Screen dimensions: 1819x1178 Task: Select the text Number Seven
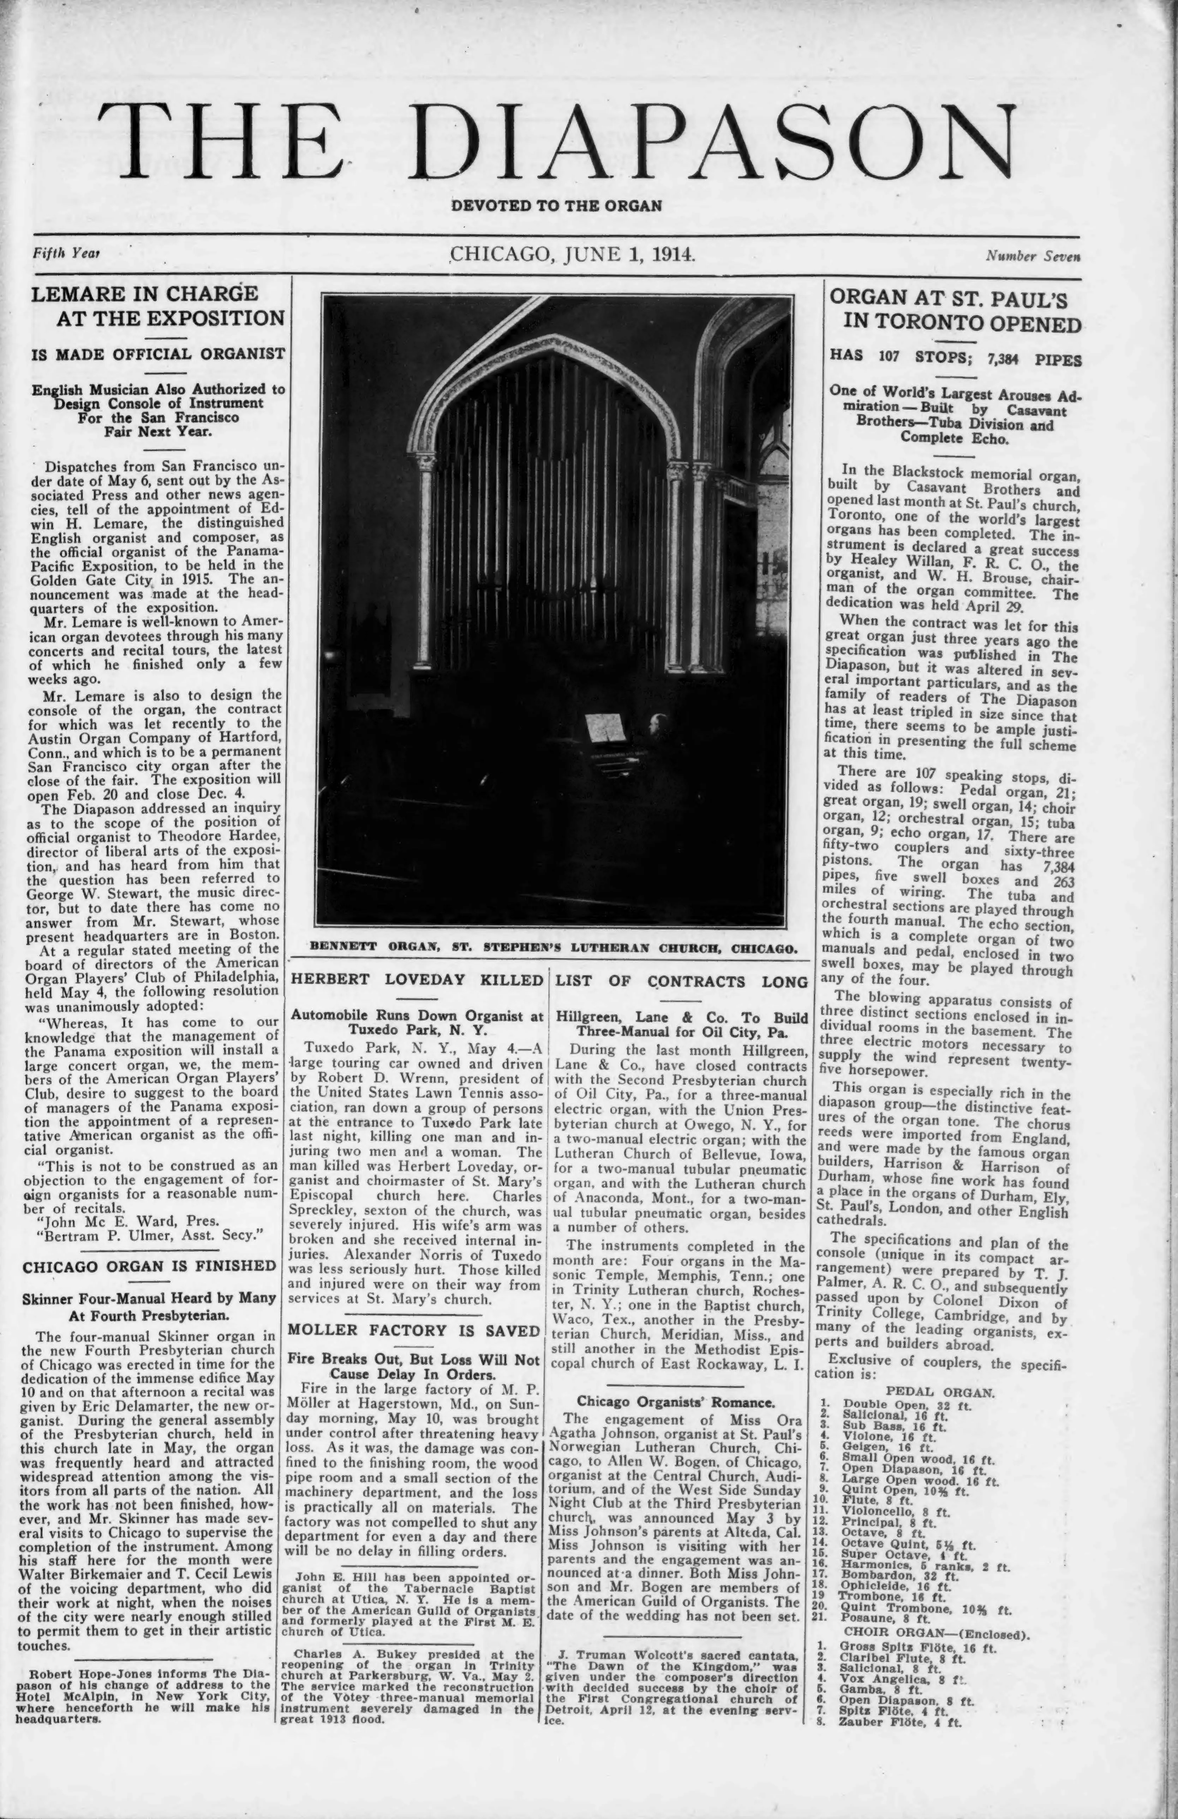click(x=1032, y=256)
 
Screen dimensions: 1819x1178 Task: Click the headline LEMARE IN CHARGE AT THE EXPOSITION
click(x=157, y=306)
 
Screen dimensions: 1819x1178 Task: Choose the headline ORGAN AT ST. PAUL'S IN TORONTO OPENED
click(x=956, y=309)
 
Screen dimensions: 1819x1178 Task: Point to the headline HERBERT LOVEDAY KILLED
click(x=417, y=980)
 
